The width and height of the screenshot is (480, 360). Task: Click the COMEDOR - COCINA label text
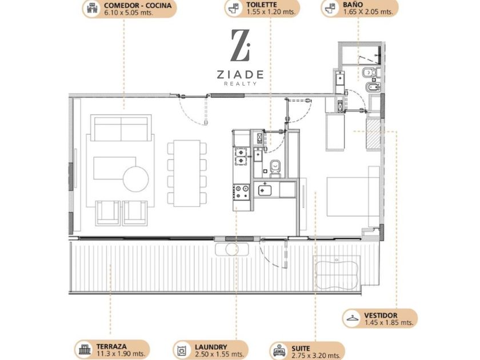[138, 6]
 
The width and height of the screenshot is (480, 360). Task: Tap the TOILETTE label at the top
[262, 5]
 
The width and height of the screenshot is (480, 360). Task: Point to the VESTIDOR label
[381, 315]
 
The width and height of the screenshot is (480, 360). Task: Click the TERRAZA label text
[111, 346]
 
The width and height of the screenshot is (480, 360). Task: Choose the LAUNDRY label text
[211, 347]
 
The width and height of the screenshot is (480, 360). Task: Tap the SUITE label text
[301, 349]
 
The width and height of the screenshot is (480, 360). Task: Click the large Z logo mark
[241, 45]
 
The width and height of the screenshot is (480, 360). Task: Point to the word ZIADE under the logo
[241, 74]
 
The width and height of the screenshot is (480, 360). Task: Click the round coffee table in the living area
[135, 179]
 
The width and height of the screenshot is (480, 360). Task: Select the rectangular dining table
[187, 173]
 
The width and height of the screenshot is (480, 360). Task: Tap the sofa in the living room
[121, 127]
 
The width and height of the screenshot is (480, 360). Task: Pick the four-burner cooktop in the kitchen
[241, 192]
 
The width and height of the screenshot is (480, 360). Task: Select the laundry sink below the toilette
[265, 190]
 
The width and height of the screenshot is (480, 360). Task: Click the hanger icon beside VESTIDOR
[353, 318]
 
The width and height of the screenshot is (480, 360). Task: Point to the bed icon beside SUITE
[279, 351]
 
